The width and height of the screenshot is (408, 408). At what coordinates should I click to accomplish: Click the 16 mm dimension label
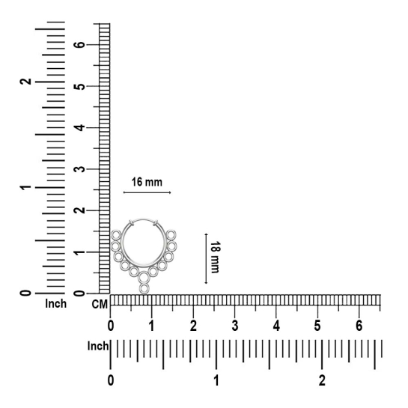(147, 182)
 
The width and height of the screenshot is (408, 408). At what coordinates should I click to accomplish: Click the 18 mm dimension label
(215, 257)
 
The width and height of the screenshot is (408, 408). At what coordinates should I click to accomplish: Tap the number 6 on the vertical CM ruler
(80, 44)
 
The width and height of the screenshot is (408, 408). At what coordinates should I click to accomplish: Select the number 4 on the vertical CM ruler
(80, 127)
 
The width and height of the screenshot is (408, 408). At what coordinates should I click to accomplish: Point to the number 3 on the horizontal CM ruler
(235, 326)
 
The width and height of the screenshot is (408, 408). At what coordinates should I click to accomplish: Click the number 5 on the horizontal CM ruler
(317, 326)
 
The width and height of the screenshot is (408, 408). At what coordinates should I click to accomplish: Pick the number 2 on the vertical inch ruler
(25, 82)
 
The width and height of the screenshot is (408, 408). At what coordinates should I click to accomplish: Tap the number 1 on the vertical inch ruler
(25, 187)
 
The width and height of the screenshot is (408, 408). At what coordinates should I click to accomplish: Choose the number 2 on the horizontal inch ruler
(322, 381)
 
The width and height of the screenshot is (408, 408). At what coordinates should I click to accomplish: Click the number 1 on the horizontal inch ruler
(216, 381)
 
